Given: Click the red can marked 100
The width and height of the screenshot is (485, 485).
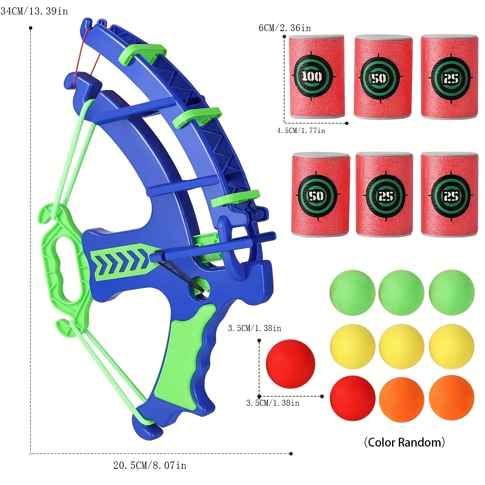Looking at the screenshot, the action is click(x=316, y=76).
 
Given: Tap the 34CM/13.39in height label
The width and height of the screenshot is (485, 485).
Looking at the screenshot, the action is click(x=34, y=11).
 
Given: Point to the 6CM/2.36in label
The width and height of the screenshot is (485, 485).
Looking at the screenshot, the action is click(x=285, y=28).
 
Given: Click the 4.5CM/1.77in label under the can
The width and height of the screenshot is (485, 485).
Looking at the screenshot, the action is click(x=301, y=131).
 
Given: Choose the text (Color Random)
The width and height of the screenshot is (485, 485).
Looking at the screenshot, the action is click(x=405, y=442).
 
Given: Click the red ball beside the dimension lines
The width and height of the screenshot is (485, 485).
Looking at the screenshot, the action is click(x=291, y=364).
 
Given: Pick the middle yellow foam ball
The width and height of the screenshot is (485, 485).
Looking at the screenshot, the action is click(x=401, y=346).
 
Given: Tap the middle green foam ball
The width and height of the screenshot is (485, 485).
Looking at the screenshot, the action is click(x=401, y=293).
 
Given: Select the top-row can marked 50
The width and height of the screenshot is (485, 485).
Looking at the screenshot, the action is click(x=383, y=77).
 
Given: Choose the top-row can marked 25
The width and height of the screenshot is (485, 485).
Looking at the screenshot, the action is click(x=449, y=77).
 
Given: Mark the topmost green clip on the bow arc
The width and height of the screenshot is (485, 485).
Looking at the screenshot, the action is click(x=142, y=54).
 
